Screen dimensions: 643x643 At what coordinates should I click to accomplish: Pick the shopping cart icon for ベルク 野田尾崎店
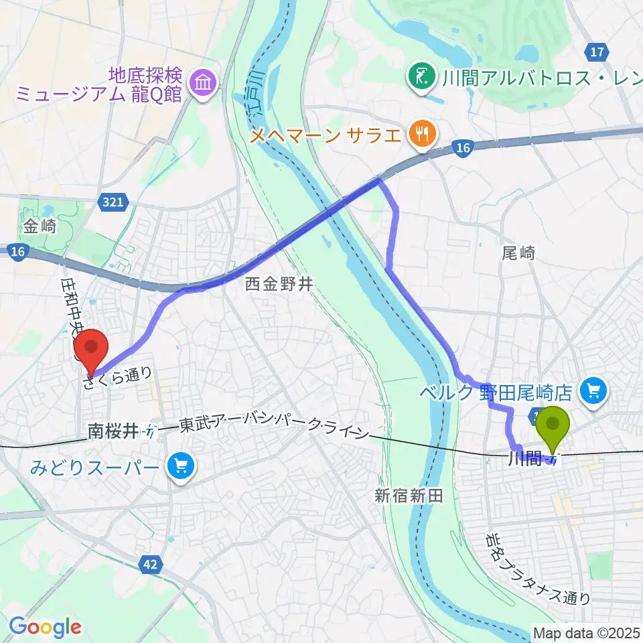pyautogui.click(x=593, y=388)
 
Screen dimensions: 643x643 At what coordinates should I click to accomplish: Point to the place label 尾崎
pyautogui.click(x=518, y=253)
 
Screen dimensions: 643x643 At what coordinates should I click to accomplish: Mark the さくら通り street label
pyautogui.click(x=118, y=377)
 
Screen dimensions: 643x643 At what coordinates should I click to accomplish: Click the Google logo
pyautogui.click(x=45, y=628)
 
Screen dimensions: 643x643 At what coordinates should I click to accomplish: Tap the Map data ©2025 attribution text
pyautogui.click(x=587, y=632)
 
